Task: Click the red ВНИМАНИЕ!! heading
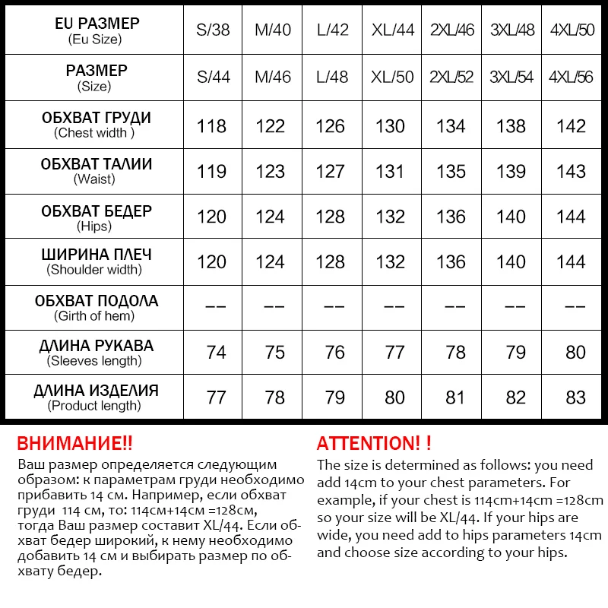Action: coord(74,443)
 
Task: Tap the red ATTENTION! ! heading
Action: coord(373,443)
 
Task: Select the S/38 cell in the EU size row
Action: coord(212,31)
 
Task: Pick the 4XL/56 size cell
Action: coord(571,78)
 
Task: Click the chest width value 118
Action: coord(212,126)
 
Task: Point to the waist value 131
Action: coord(390,172)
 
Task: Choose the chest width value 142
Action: coord(571,126)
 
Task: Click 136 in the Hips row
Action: coord(451,217)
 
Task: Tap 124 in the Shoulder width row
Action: coord(271,262)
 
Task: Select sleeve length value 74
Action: coord(216,352)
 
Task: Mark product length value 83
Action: coord(575,397)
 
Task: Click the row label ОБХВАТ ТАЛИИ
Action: coord(96,164)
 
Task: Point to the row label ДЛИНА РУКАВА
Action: coord(96,346)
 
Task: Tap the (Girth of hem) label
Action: coord(94,316)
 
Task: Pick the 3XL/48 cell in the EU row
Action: coord(511,31)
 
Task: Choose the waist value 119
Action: coord(212,172)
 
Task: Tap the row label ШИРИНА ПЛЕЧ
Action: coord(96,255)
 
